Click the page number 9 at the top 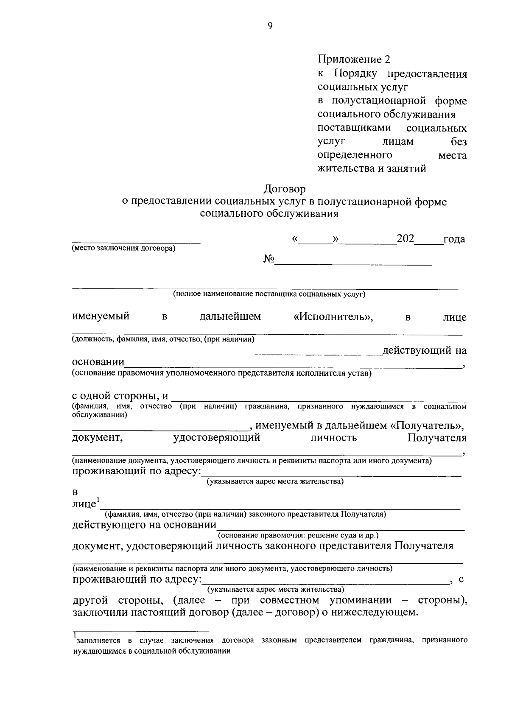[x=270, y=26]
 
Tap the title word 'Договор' [x=285, y=187]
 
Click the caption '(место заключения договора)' [x=123, y=249]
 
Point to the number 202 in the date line [x=405, y=239]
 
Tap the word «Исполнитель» [x=333, y=317]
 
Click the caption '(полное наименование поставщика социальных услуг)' [x=269, y=294]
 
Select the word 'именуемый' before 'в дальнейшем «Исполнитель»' [x=101, y=316]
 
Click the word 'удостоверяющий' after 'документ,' [x=217, y=438]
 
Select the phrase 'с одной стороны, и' [x=120, y=396]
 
